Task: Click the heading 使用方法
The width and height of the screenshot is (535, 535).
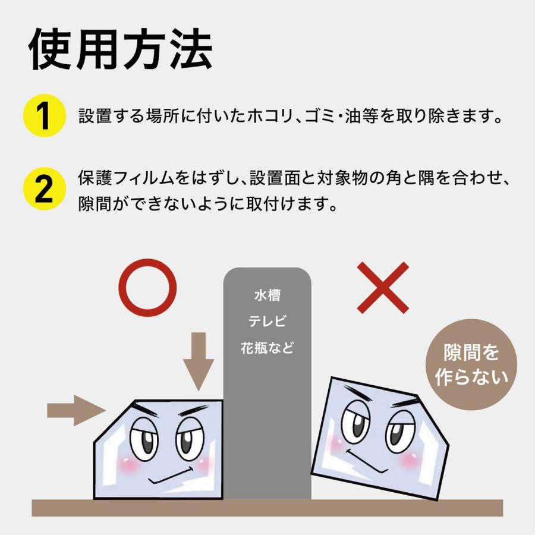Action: point(121,48)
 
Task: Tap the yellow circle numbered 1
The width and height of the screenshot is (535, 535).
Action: point(44,115)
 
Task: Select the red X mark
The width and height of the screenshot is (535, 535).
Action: point(383,288)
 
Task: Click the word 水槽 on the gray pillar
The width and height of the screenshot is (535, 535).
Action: point(267,295)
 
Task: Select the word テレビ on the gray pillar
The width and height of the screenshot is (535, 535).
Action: point(267,322)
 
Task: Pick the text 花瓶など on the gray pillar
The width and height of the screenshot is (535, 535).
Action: point(267,348)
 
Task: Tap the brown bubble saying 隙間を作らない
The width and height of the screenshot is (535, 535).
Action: point(471,364)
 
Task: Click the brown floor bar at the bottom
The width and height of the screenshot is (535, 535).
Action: point(267,507)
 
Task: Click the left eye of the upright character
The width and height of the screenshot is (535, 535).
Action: point(144,439)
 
